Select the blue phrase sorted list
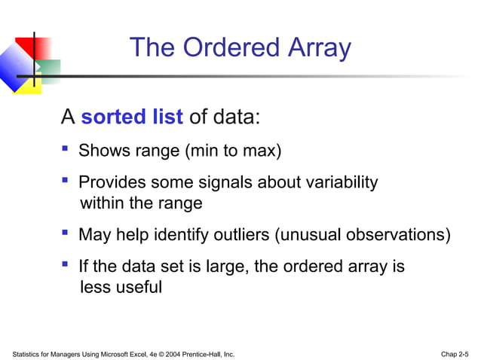click(x=132, y=117)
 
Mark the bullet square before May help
click(x=65, y=233)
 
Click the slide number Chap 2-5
click(x=454, y=352)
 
